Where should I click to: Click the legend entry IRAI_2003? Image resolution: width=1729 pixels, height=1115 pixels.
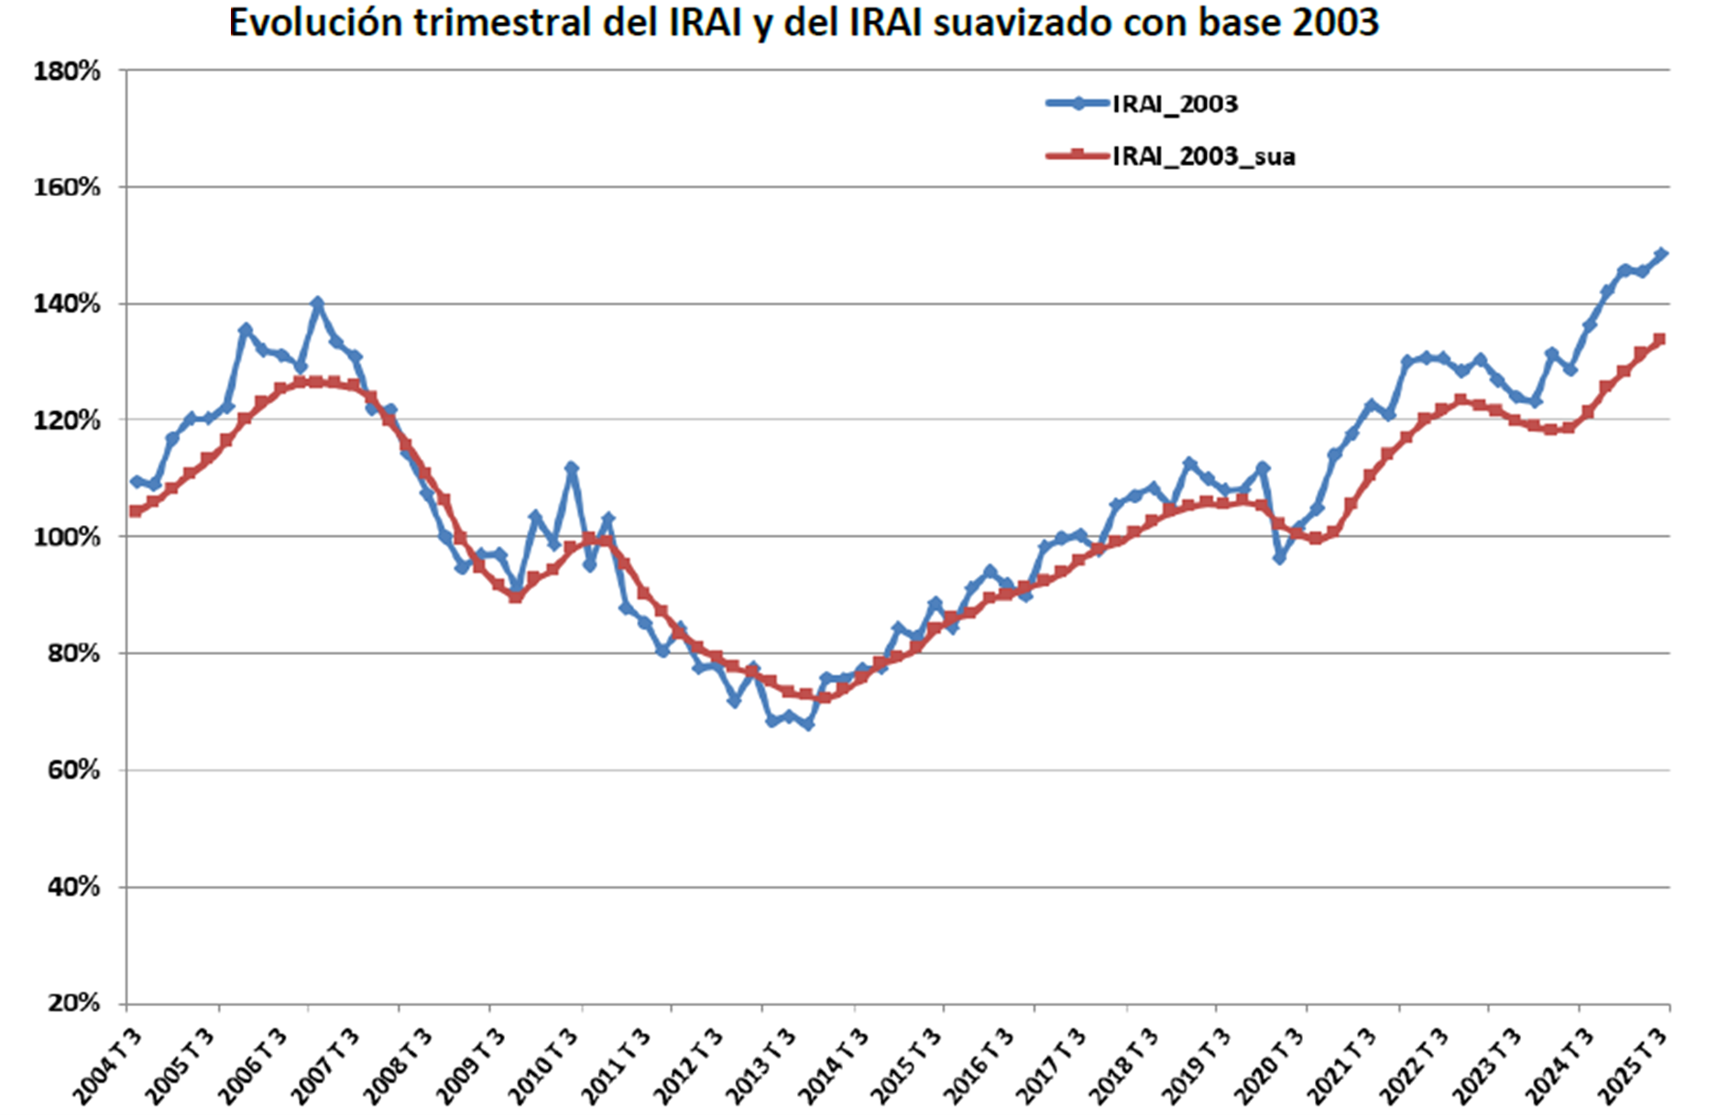point(1174,104)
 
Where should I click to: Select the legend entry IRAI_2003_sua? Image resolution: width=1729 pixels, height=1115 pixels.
point(1203,157)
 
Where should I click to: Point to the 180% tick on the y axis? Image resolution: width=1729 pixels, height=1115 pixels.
point(67,71)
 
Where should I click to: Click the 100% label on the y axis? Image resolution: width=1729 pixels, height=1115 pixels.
point(67,537)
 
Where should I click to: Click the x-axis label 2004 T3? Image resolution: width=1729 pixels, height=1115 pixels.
point(108,1066)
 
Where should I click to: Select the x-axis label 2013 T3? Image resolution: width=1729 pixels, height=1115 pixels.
point(761,1066)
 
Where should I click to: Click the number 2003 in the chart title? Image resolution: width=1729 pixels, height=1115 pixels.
point(1335,22)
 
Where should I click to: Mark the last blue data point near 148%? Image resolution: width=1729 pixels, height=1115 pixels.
point(1661,254)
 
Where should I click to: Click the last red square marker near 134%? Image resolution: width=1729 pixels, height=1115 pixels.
point(1658,340)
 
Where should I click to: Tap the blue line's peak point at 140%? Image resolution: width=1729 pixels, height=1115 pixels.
point(318,302)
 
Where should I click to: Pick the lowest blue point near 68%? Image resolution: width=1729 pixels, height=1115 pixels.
point(807,724)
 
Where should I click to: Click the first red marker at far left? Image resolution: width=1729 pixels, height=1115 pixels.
point(136,511)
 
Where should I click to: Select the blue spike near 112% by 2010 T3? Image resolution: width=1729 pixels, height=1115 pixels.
point(572,468)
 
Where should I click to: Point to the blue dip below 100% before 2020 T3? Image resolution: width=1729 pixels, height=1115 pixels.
point(1280,557)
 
